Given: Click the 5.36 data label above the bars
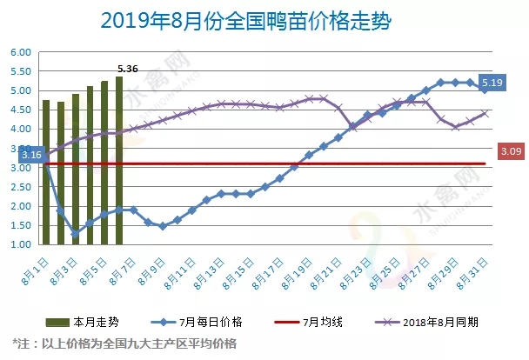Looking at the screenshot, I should pyautogui.click(x=128, y=68).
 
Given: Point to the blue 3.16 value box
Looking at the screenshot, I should pyautogui.click(x=30, y=155).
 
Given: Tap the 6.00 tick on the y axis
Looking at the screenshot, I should pyautogui.click(x=20, y=52).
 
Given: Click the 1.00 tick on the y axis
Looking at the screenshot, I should pyautogui.click(x=20, y=245).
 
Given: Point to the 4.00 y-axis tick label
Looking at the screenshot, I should pyautogui.click(x=20, y=130).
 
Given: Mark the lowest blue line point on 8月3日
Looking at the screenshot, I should pyautogui.click(x=75, y=234).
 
